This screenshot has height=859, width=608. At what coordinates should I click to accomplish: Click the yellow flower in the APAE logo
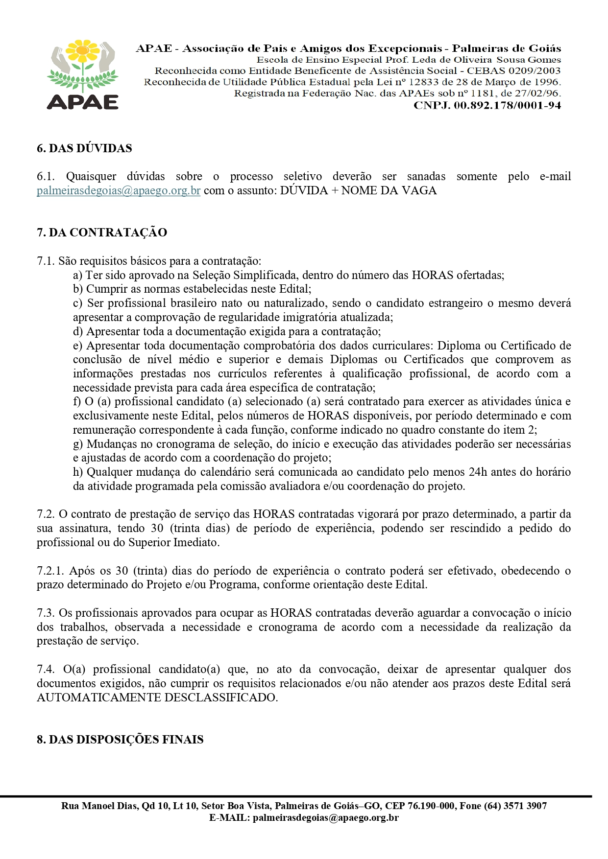[83, 51]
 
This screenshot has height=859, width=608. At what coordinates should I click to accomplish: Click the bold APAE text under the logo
[83, 101]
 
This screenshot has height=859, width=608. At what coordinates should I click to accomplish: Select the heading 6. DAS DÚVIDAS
[84, 148]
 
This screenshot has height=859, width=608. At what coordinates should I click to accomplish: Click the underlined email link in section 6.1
[119, 190]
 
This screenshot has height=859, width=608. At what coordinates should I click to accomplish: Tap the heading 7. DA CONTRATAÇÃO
[102, 232]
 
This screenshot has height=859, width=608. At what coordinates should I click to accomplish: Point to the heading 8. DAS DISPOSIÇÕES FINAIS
[120, 740]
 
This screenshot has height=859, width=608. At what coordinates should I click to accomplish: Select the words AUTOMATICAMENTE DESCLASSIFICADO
[157, 697]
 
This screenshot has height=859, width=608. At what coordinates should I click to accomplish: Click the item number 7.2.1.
[50, 571]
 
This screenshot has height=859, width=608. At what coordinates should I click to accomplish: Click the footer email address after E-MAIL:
[325, 817]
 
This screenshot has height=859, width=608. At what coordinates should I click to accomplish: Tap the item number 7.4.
[45, 670]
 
